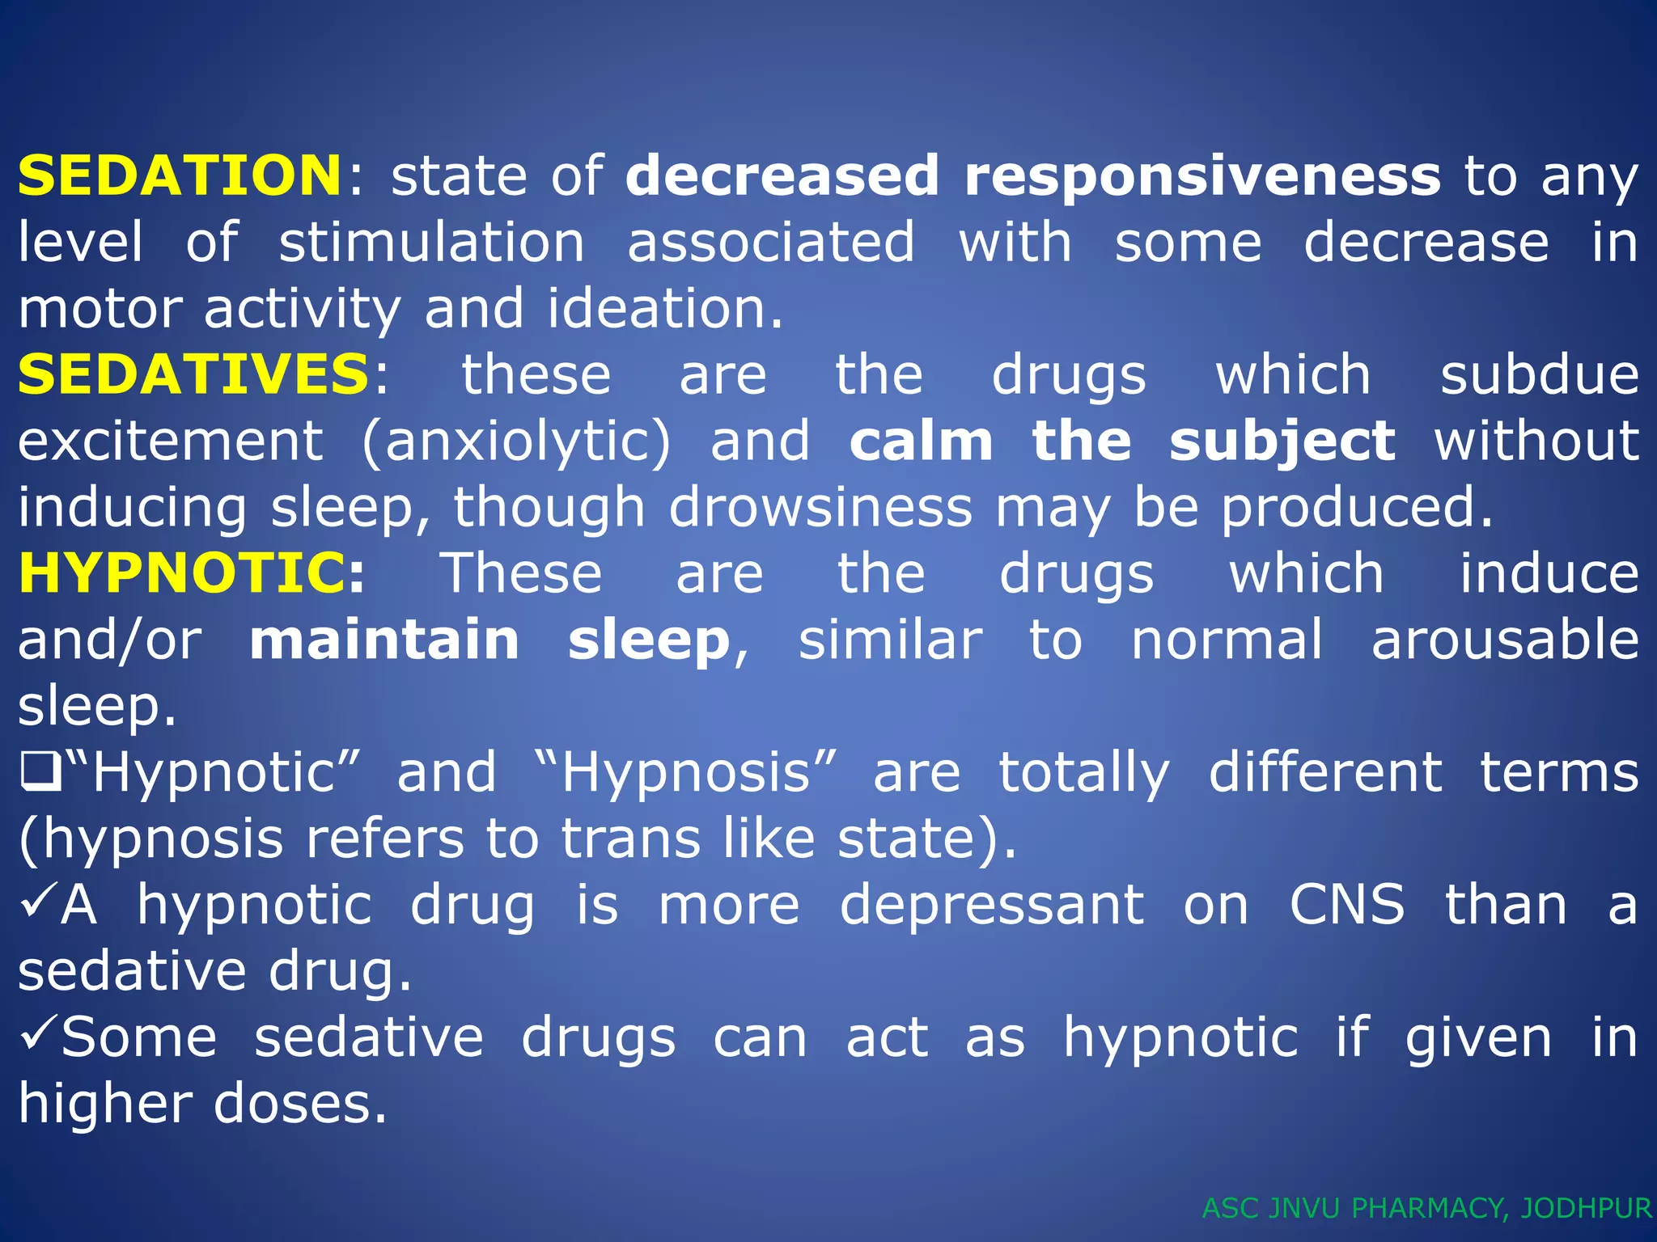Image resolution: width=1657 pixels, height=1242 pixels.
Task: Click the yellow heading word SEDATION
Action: (180, 175)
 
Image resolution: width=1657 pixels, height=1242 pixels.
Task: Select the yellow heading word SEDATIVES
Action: (193, 374)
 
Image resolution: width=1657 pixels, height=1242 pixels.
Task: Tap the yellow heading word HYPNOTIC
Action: (183, 573)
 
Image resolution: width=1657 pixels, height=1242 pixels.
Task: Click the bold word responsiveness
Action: (1202, 177)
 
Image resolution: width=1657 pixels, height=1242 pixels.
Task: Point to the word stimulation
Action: (431, 243)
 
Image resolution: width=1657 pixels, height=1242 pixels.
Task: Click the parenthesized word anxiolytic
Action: (516, 442)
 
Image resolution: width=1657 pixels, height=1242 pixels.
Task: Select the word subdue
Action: (1539, 375)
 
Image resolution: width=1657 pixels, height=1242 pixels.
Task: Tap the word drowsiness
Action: (820, 508)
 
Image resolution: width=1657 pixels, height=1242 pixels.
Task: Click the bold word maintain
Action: (384, 640)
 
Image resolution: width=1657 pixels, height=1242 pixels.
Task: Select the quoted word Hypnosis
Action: (686, 773)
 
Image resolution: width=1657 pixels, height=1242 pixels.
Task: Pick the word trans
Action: (631, 839)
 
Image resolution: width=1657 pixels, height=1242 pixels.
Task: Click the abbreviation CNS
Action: (1347, 905)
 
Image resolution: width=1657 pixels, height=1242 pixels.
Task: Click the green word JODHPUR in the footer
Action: (1585, 1208)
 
